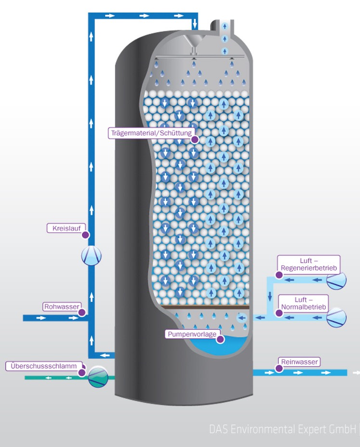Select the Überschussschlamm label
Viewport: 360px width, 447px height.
click(x=43, y=366)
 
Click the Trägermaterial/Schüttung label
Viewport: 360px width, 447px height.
click(x=151, y=133)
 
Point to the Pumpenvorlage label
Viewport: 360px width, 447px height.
click(x=192, y=334)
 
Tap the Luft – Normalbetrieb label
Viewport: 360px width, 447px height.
click(x=304, y=303)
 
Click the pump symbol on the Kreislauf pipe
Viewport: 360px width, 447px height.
click(x=92, y=256)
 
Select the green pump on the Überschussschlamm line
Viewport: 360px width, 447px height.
click(x=98, y=377)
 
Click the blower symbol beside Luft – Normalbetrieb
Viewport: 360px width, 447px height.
click(x=336, y=317)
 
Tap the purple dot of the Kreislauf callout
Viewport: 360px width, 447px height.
click(x=85, y=235)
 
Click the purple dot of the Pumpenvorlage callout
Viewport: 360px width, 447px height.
click(x=220, y=339)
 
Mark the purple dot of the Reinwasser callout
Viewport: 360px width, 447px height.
click(x=279, y=369)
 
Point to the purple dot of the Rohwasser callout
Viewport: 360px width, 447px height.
click(x=82, y=313)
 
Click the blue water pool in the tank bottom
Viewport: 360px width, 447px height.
click(x=217, y=346)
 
